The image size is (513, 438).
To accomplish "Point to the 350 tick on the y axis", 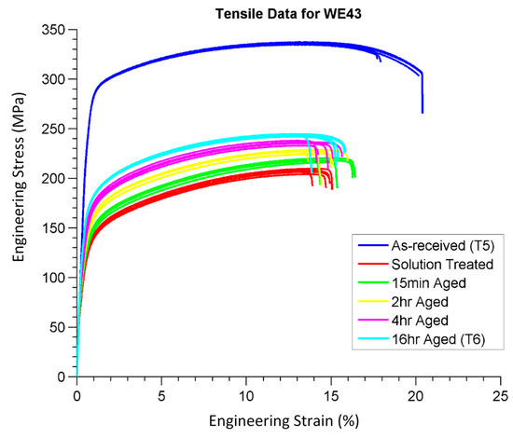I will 57,31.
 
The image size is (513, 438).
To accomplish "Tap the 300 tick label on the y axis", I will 57,80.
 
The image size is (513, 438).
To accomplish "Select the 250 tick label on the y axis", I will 57,130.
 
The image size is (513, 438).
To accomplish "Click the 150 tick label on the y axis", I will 57,228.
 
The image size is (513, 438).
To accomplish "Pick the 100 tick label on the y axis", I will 57,278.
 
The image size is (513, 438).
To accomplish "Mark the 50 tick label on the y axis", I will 61,327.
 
